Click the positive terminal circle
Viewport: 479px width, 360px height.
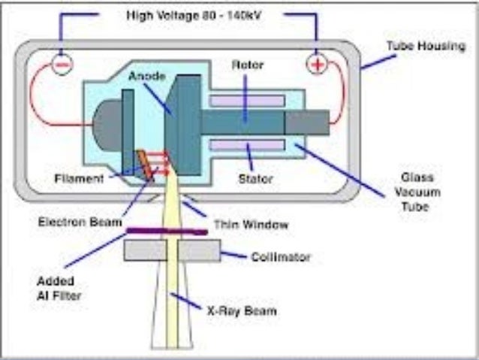[318, 65]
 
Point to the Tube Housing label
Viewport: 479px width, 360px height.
[426, 47]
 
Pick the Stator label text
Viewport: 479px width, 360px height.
[255, 179]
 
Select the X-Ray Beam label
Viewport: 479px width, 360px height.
[242, 310]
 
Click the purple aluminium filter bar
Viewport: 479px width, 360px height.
[167, 231]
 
